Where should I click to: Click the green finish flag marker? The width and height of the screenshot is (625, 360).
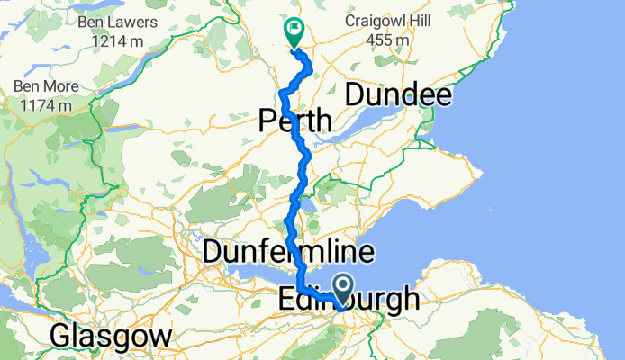294,33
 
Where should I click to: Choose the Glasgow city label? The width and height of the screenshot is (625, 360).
111,337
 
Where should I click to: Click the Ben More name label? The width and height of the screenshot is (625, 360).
48,87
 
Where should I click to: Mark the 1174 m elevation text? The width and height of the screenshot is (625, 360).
48,106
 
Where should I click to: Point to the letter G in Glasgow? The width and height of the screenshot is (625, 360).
61,337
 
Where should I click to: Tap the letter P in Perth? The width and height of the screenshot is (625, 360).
267,120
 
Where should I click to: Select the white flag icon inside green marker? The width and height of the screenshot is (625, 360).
294,30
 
